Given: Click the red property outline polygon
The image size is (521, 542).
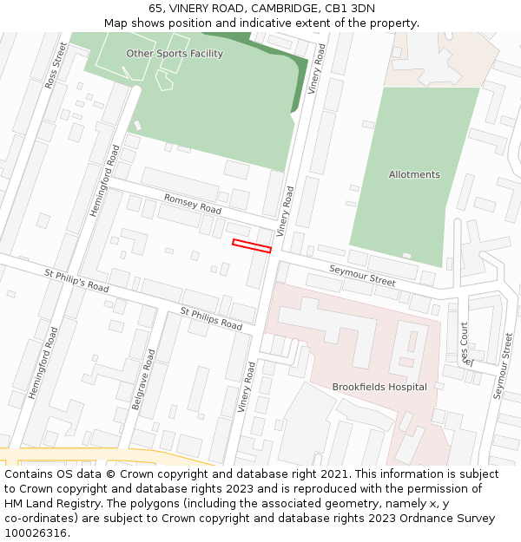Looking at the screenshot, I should click(252, 246).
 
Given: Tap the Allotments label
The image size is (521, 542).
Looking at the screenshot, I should click(414, 174).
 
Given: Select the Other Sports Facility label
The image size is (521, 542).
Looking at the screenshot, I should click(175, 54).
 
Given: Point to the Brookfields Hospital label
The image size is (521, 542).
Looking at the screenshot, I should click(379, 387).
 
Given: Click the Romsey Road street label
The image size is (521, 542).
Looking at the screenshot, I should click(193, 205).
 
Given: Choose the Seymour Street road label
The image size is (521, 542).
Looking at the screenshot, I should click(362, 277).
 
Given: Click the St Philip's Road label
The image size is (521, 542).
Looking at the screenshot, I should click(76, 280).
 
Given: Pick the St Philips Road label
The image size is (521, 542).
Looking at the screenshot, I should click(211, 318).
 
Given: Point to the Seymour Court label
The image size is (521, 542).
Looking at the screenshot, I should click(465, 344).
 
